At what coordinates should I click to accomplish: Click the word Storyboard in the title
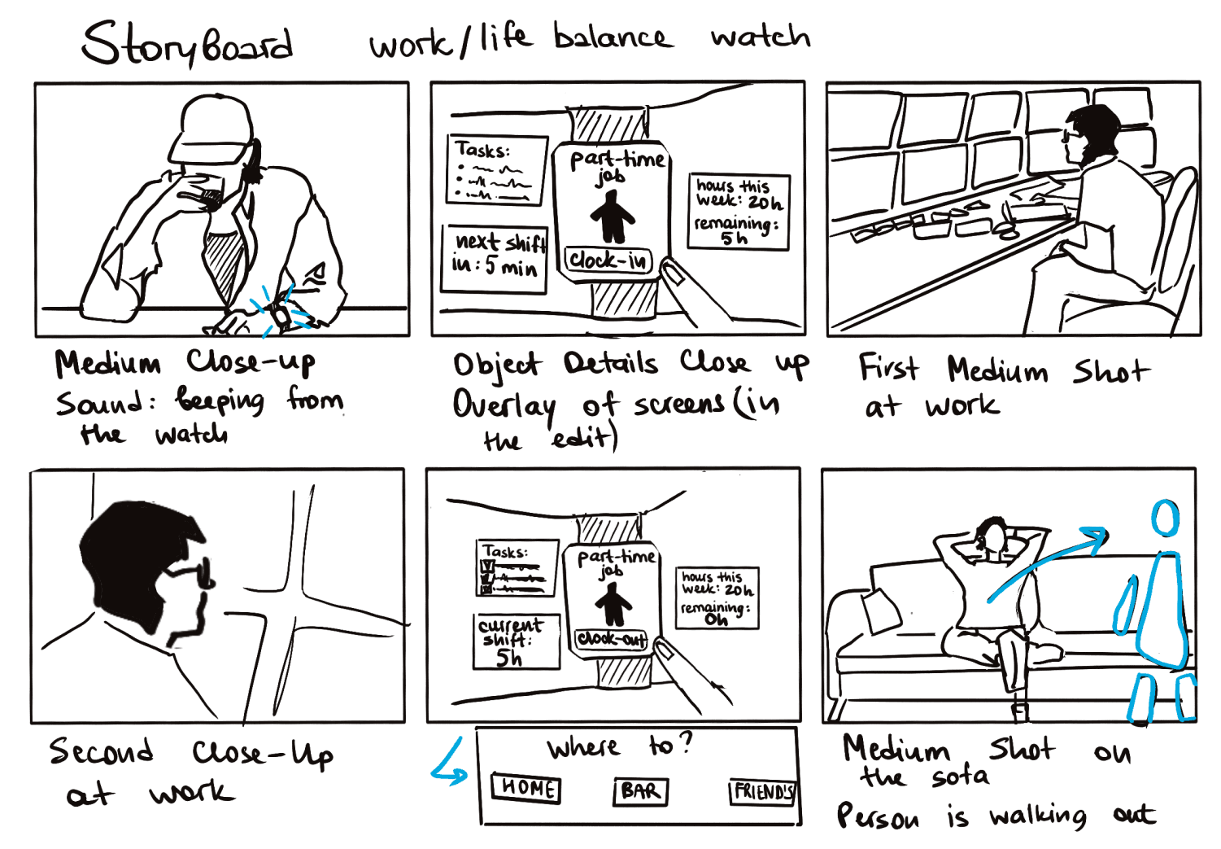187,44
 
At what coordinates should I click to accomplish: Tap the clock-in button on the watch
608,260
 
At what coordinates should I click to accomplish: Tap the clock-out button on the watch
612,639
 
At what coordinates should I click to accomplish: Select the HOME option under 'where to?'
527,788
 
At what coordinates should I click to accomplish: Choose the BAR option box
640,791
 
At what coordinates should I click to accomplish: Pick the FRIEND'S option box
762,791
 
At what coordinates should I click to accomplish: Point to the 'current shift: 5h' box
517,641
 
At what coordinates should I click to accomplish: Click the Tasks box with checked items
517,567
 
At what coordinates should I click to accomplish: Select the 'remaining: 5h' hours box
739,212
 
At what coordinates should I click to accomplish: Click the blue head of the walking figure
1166,518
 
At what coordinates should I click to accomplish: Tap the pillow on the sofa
881,610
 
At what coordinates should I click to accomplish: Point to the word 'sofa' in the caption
961,777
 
